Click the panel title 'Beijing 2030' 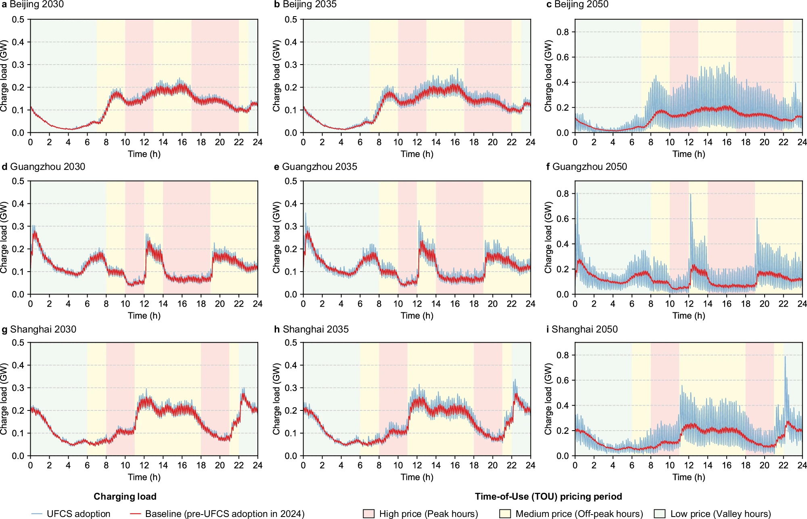coord(36,4)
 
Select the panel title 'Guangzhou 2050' coord(590,167)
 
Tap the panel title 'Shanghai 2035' coord(316,329)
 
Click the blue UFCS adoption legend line coord(37,514)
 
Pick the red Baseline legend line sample coord(136,514)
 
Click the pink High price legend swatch coord(369,514)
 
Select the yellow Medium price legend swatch coord(505,514)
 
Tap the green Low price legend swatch coord(659,514)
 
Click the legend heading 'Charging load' coord(125,496)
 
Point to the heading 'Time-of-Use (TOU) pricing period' coord(548,496)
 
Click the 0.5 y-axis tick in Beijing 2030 coord(18,19)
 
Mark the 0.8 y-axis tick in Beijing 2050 coord(562,32)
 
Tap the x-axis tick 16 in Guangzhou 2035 coord(455,304)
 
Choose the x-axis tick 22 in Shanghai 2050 coord(783,465)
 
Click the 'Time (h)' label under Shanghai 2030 coord(144,477)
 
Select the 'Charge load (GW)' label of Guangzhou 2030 coord(4,237)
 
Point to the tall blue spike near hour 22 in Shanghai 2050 coord(785,357)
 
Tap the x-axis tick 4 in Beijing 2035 coord(341,142)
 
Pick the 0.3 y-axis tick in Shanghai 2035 coord(291,388)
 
